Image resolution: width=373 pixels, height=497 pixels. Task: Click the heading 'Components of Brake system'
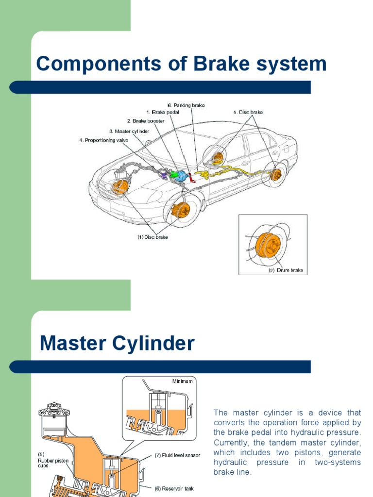click(x=181, y=64)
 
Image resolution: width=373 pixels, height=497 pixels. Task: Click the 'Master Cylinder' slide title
click(x=117, y=344)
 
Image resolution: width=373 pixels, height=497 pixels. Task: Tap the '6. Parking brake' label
click(x=186, y=105)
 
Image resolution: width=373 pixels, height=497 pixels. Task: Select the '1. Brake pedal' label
click(x=163, y=112)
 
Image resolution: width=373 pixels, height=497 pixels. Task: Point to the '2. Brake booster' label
click(x=146, y=121)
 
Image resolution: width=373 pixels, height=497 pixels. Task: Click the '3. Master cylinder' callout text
click(x=129, y=131)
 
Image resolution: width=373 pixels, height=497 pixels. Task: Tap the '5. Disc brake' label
click(x=248, y=112)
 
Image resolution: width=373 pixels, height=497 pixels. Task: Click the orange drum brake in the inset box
click(x=268, y=245)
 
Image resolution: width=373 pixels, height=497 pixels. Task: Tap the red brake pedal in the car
click(x=192, y=178)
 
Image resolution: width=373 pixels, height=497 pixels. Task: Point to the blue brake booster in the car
click(x=181, y=176)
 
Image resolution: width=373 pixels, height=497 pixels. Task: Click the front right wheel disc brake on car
click(x=181, y=210)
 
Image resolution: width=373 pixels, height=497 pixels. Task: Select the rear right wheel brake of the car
click(x=275, y=175)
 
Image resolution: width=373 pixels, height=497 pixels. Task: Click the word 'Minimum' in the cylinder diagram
click(x=182, y=381)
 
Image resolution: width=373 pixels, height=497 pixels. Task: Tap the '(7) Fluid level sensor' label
click(x=177, y=456)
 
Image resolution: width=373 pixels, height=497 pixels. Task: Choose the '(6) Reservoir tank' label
click(x=174, y=488)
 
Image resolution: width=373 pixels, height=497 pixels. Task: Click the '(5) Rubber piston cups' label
click(x=51, y=460)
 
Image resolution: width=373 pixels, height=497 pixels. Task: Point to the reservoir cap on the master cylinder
click(x=54, y=409)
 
